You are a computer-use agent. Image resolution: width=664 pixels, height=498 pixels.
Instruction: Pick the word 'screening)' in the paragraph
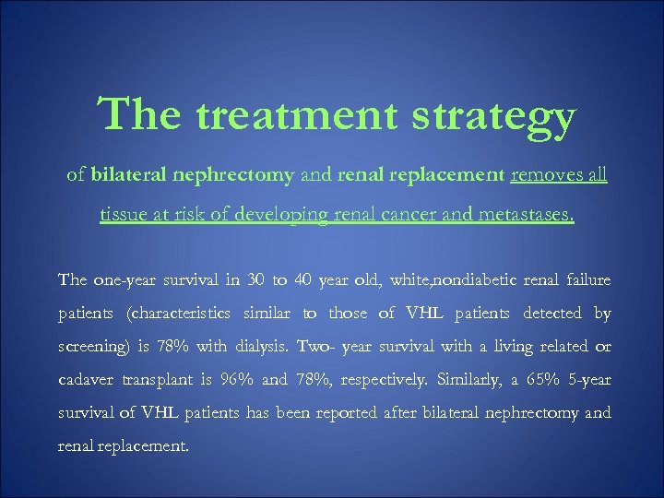95,346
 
